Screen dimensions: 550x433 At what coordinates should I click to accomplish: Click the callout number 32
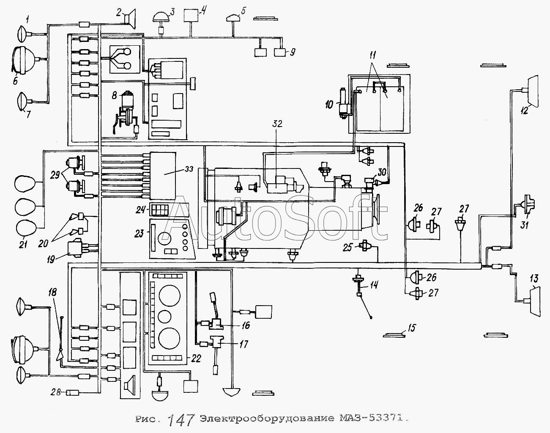(x=277, y=124)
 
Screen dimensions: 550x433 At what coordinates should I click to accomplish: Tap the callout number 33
(x=189, y=169)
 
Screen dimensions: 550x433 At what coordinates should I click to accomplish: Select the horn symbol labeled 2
(x=130, y=19)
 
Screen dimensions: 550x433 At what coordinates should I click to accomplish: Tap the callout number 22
(x=196, y=359)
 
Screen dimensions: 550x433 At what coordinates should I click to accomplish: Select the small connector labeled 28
(x=73, y=392)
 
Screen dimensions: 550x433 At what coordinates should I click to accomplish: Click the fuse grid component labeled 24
(x=159, y=210)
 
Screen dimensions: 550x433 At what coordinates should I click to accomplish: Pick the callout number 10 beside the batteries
(x=329, y=105)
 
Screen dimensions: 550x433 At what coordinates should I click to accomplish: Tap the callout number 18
(x=52, y=292)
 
